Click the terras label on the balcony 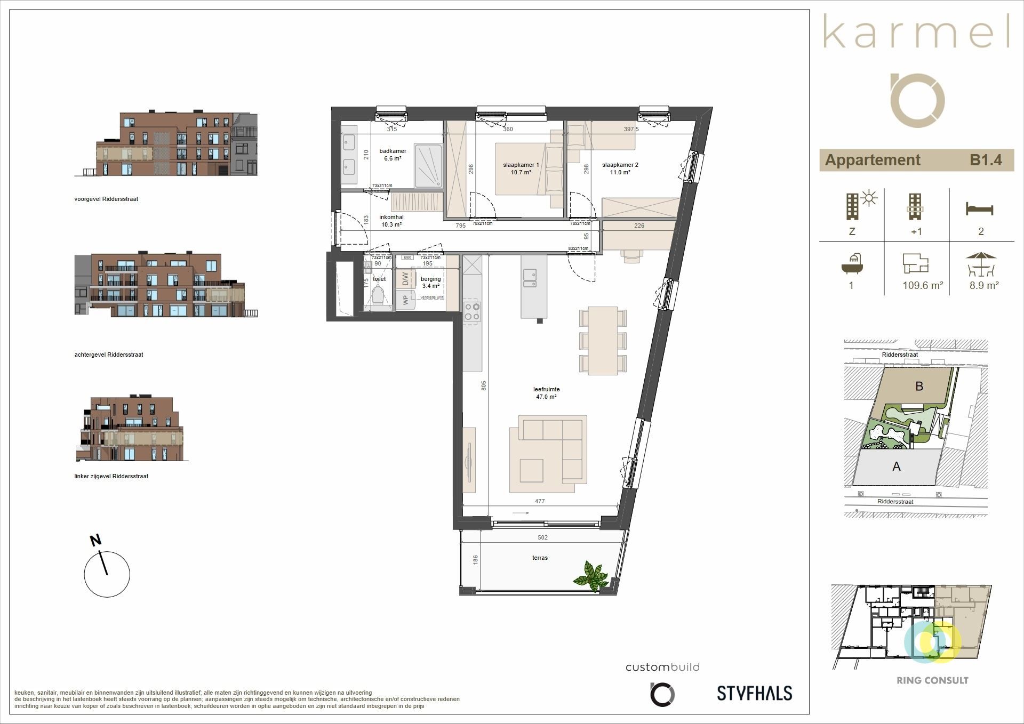point(540,558)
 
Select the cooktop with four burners point(472,311)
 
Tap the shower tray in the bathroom point(428,165)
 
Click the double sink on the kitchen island point(530,278)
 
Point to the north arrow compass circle point(107,574)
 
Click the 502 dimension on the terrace point(542,537)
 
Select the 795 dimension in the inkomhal point(460,226)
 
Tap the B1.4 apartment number point(986,160)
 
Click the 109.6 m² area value point(923,285)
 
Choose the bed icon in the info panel point(979,208)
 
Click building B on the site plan point(919,386)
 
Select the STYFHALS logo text point(754,693)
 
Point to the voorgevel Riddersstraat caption point(106,199)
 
